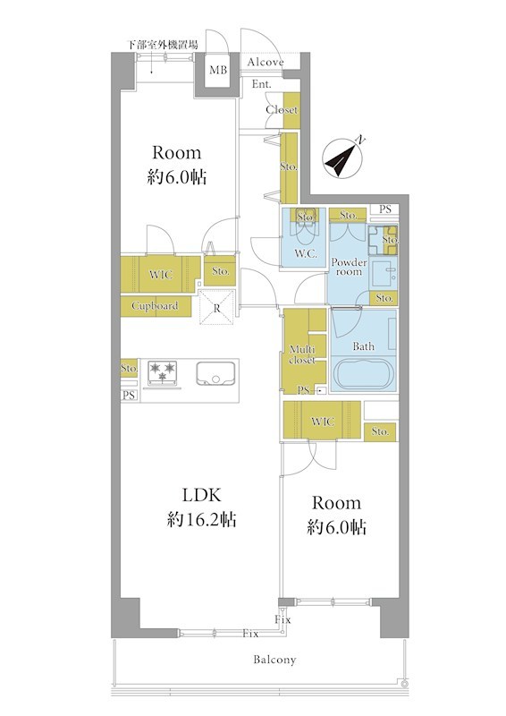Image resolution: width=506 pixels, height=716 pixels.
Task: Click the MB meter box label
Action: click(x=217, y=70)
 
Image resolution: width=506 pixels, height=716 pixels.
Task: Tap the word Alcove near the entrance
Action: click(x=266, y=62)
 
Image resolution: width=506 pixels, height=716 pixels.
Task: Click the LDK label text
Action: click(x=201, y=495)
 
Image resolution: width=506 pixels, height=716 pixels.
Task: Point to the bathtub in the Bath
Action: click(x=363, y=373)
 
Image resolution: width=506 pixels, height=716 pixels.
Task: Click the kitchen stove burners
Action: click(x=163, y=371)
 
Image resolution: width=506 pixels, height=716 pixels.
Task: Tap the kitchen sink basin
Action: click(x=215, y=373)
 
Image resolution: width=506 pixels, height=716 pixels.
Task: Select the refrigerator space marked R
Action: click(x=216, y=308)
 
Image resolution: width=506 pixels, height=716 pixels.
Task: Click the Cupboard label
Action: click(x=155, y=306)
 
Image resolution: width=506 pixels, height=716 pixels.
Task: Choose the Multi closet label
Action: click(x=302, y=354)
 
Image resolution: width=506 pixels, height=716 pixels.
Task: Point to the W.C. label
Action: click(x=305, y=253)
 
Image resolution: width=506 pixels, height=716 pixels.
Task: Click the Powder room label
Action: click(x=349, y=267)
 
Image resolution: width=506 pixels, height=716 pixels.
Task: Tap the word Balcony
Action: click(x=274, y=660)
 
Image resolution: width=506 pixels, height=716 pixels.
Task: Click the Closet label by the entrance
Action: click(x=282, y=109)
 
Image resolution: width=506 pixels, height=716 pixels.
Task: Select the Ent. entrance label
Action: click(x=261, y=84)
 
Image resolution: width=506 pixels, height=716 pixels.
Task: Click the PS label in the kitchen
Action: click(x=129, y=396)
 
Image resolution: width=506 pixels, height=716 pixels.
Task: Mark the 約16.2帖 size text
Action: click(x=201, y=519)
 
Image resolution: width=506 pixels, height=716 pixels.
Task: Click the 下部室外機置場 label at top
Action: click(x=162, y=45)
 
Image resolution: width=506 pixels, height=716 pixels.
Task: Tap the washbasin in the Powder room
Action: click(x=384, y=274)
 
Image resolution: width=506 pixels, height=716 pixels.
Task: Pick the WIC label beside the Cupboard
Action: click(x=161, y=275)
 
